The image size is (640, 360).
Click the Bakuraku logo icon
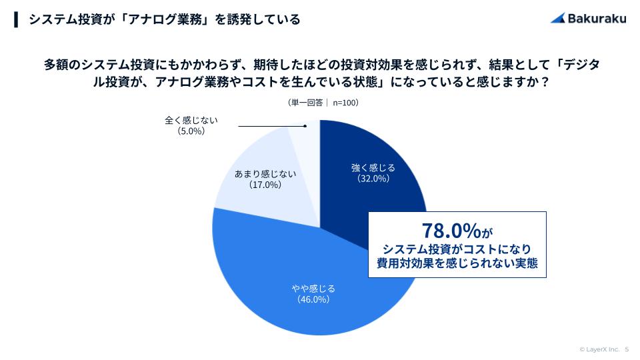coord(558,19)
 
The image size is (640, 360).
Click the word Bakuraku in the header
coord(597,19)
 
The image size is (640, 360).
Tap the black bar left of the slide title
coord(15,19)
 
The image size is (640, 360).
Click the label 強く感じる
coord(373,167)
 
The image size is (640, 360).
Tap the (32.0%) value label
coord(373,179)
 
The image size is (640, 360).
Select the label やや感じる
coord(313,289)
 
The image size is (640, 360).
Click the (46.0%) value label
coord(313,300)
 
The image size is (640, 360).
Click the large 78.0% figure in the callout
coord(451,231)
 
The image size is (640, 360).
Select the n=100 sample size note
coord(345,103)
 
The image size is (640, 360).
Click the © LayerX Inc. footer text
coord(600,349)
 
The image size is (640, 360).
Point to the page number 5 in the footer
coord(627,349)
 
